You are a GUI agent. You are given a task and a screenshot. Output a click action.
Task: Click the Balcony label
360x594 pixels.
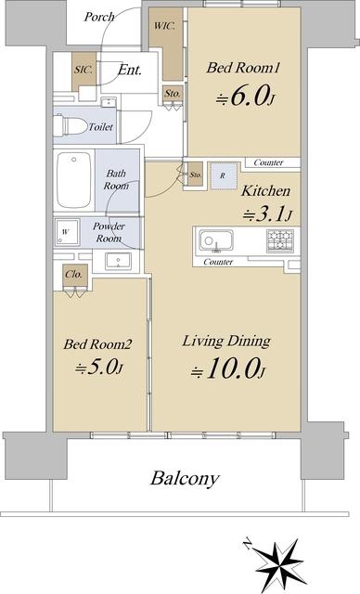pos(185,479)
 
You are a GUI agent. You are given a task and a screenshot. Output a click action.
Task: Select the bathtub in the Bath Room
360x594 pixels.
pos(74,179)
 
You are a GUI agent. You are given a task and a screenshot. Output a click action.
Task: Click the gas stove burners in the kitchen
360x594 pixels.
pos(280,240)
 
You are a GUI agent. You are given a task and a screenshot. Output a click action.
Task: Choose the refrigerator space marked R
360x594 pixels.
pos(224,175)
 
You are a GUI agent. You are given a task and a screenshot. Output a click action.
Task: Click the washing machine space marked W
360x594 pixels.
pos(67,232)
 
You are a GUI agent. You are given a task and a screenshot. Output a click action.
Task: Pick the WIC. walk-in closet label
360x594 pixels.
pos(164,26)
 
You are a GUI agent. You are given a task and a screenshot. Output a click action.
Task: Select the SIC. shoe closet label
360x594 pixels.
pos(83,70)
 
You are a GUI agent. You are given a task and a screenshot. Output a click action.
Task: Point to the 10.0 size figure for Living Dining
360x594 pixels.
pos(227,369)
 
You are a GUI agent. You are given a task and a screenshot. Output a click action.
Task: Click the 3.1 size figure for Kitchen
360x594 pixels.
pos(267,214)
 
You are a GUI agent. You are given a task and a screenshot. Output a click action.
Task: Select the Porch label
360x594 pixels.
pos(99,17)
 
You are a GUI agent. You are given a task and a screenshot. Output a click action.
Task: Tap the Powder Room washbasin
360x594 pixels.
pos(118,261)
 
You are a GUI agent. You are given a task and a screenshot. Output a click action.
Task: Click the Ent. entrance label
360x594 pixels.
pos(130,70)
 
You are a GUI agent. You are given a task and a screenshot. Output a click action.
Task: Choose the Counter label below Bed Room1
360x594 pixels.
pos(268,162)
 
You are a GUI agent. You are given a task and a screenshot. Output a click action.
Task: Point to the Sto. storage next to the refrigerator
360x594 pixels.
pos(196,175)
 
